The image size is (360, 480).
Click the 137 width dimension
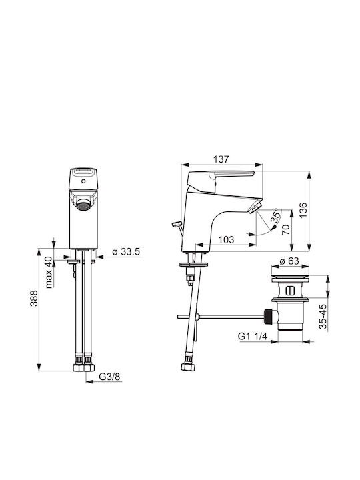coord(221,159)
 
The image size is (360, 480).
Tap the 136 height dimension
coord(303,210)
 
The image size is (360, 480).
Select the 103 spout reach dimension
coord(227,239)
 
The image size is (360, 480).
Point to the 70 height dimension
coord(285,229)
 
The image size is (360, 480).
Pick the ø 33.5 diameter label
coord(126,252)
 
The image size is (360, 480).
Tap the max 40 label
coord(49,272)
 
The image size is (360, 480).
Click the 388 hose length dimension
coord(34,298)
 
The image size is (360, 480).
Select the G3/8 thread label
coord(109,377)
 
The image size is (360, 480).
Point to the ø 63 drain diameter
coord(289,261)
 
